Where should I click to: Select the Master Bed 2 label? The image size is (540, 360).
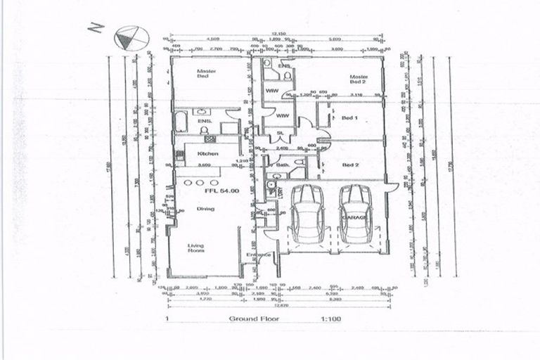coord(359,79)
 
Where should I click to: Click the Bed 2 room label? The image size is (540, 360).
coord(350,165)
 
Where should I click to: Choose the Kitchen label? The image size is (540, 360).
coord(195,153)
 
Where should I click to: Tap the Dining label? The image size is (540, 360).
coord(205,208)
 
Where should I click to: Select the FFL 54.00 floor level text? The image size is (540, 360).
coord(219,190)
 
